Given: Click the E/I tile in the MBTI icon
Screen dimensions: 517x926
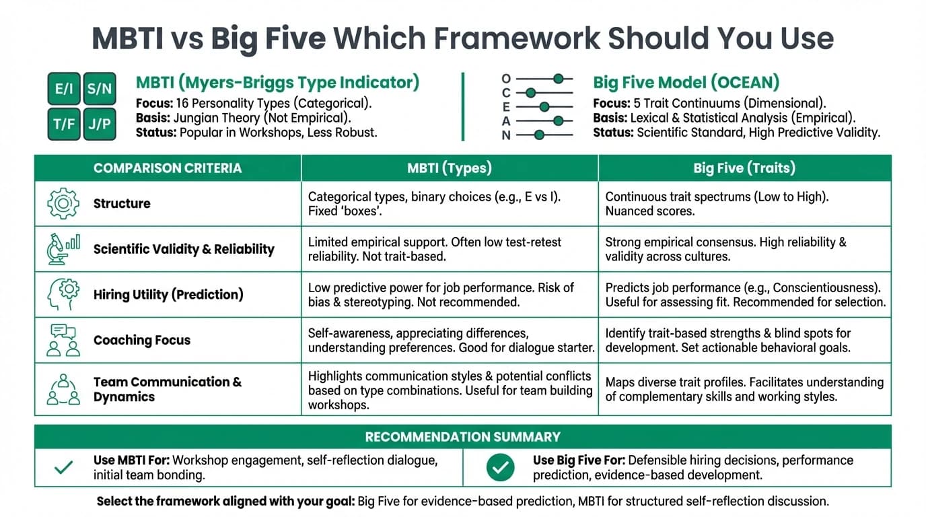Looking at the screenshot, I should pyautogui.click(x=64, y=89).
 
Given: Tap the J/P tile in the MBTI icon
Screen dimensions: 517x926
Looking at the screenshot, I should pyautogui.click(x=100, y=124).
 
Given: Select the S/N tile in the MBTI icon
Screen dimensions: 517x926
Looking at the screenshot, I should pyautogui.click(x=100, y=89).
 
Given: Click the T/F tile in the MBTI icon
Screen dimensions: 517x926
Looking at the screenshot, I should pyautogui.click(x=64, y=124).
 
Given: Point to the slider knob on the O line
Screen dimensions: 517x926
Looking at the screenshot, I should pyautogui.click(x=558, y=79).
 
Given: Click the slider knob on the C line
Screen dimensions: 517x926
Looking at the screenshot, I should pyautogui.click(x=530, y=93).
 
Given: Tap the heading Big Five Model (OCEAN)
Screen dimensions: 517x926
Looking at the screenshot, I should pyautogui.click(x=686, y=83).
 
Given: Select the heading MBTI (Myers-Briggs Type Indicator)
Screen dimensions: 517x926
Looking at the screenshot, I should pyautogui.click(x=277, y=83).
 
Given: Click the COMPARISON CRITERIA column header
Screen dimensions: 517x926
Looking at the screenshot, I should pyautogui.click(x=168, y=168).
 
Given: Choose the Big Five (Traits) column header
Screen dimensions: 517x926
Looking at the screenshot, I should pyautogui.click(x=744, y=168).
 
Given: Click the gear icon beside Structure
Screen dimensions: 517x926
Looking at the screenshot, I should pyautogui.click(x=63, y=203).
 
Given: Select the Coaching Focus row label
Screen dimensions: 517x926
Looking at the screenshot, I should pyautogui.click(x=142, y=340).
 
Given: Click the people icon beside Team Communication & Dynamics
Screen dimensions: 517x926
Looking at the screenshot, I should pyautogui.click(x=63, y=389).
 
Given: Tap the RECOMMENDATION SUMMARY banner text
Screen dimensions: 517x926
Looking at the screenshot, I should pyautogui.click(x=462, y=437).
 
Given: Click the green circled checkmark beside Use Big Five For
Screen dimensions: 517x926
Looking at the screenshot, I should pyautogui.click(x=500, y=467).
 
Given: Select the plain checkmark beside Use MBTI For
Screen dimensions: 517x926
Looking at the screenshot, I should pyautogui.click(x=63, y=467).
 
